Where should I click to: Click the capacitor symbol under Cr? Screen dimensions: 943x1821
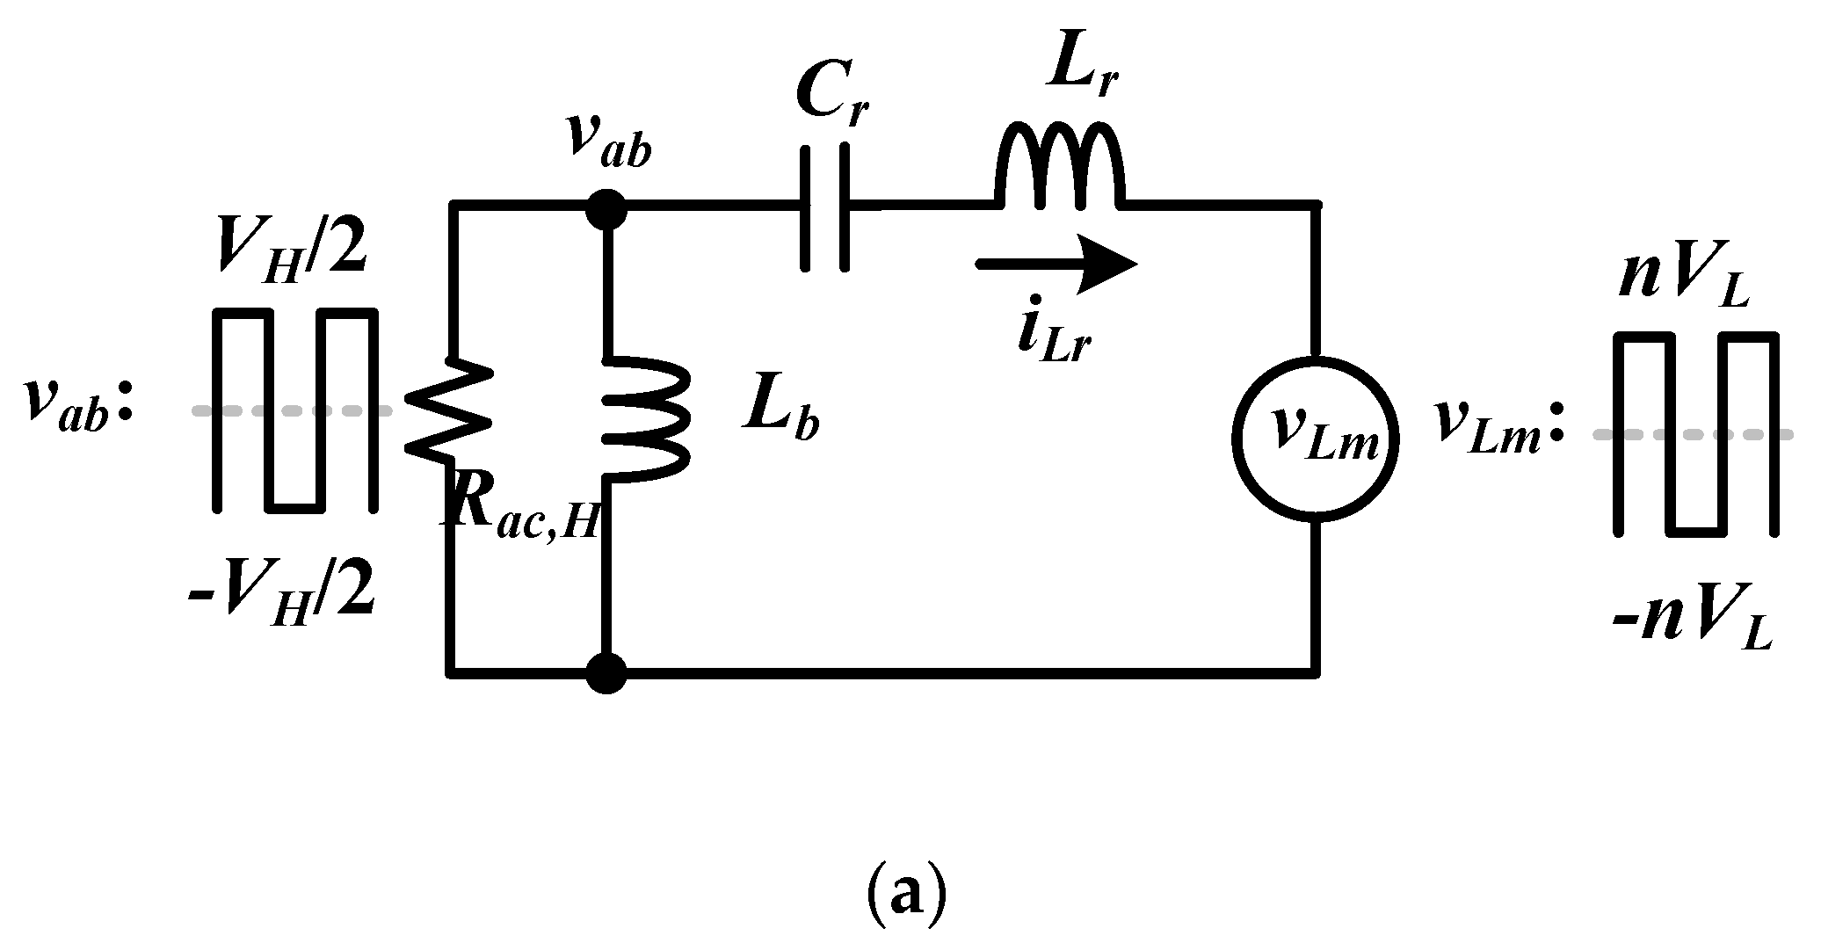click(x=825, y=207)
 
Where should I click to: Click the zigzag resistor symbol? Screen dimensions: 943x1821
click(x=449, y=409)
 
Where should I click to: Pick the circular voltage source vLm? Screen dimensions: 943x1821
click(x=1316, y=437)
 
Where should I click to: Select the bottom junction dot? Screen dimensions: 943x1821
click(x=606, y=673)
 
